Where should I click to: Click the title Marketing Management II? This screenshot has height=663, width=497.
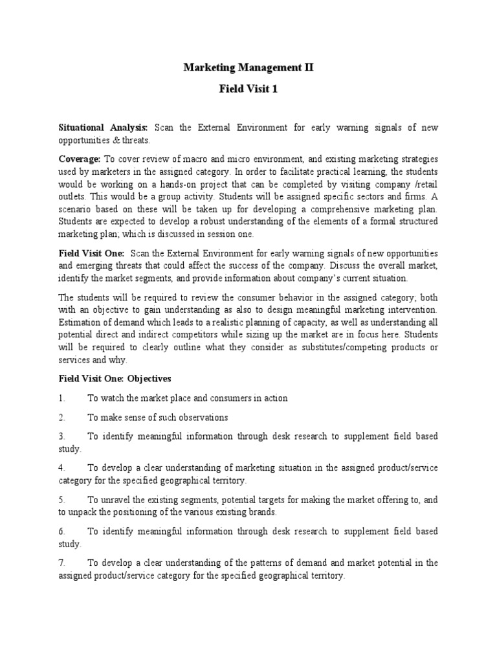[x=248, y=67]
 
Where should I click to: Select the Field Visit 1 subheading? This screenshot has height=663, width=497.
[x=248, y=89]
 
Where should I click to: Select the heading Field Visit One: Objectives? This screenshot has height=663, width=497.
[x=115, y=378]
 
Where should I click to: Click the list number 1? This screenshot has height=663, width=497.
[x=61, y=398]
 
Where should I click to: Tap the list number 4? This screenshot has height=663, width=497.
[x=61, y=467]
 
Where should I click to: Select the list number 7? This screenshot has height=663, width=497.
[x=61, y=562]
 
